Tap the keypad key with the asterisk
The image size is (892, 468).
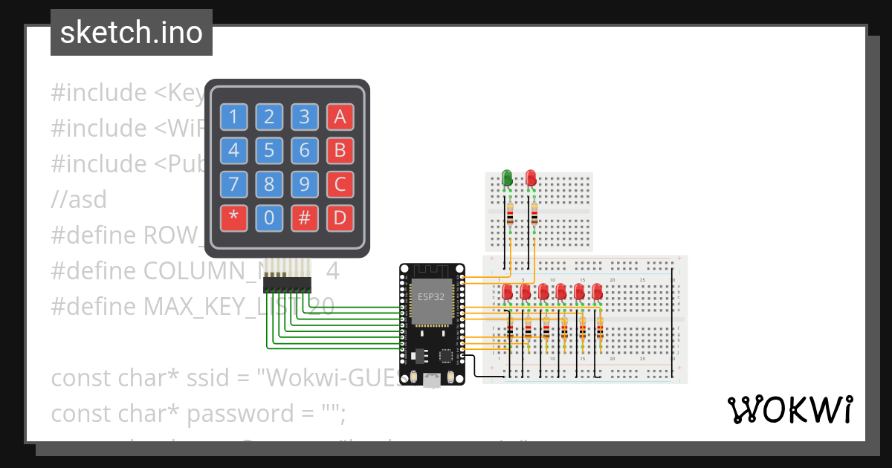(x=233, y=218)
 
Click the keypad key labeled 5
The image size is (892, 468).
(x=269, y=151)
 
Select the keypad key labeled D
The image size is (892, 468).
(x=340, y=218)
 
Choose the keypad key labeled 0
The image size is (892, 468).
(x=269, y=218)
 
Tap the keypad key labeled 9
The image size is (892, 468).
(x=304, y=184)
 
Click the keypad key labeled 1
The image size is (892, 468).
(x=233, y=117)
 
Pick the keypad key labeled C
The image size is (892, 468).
(x=340, y=184)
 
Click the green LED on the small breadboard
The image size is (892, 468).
(x=507, y=178)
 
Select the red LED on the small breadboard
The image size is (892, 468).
(x=531, y=178)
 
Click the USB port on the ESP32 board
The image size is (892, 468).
(x=431, y=380)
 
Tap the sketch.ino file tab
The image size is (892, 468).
(x=132, y=33)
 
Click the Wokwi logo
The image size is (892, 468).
(x=789, y=409)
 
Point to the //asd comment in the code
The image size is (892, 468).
(x=79, y=199)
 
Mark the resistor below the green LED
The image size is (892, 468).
(x=510, y=215)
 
